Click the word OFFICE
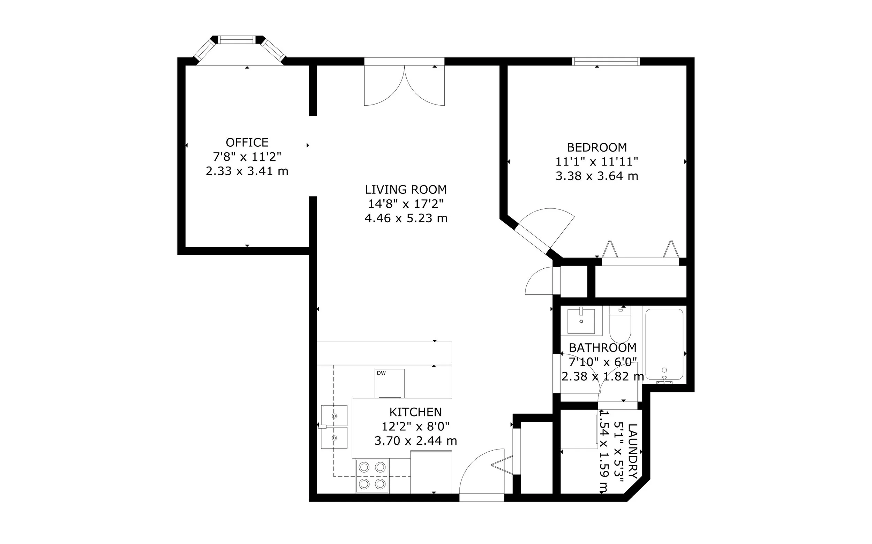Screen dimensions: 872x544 tap(247, 143)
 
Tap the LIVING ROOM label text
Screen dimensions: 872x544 tap(406, 190)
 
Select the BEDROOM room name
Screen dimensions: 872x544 tap(596, 147)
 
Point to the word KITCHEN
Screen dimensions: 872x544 tap(415, 412)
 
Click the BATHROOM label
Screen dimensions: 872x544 tap(603, 347)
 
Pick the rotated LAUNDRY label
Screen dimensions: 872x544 tap(632, 451)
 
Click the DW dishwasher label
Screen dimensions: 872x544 tap(381, 373)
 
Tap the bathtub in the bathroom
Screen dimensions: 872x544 tap(664, 344)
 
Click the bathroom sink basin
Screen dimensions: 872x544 tap(581, 321)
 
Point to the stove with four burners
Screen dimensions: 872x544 tap(372, 476)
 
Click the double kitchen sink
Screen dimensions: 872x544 tap(334, 427)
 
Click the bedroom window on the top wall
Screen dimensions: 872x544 tap(606, 61)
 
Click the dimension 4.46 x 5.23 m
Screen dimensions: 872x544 tap(406, 219)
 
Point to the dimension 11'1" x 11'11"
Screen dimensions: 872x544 tap(596, 162)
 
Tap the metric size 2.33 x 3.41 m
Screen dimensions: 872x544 tap(247, 171)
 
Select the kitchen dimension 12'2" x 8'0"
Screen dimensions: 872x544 tap(415, 426)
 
